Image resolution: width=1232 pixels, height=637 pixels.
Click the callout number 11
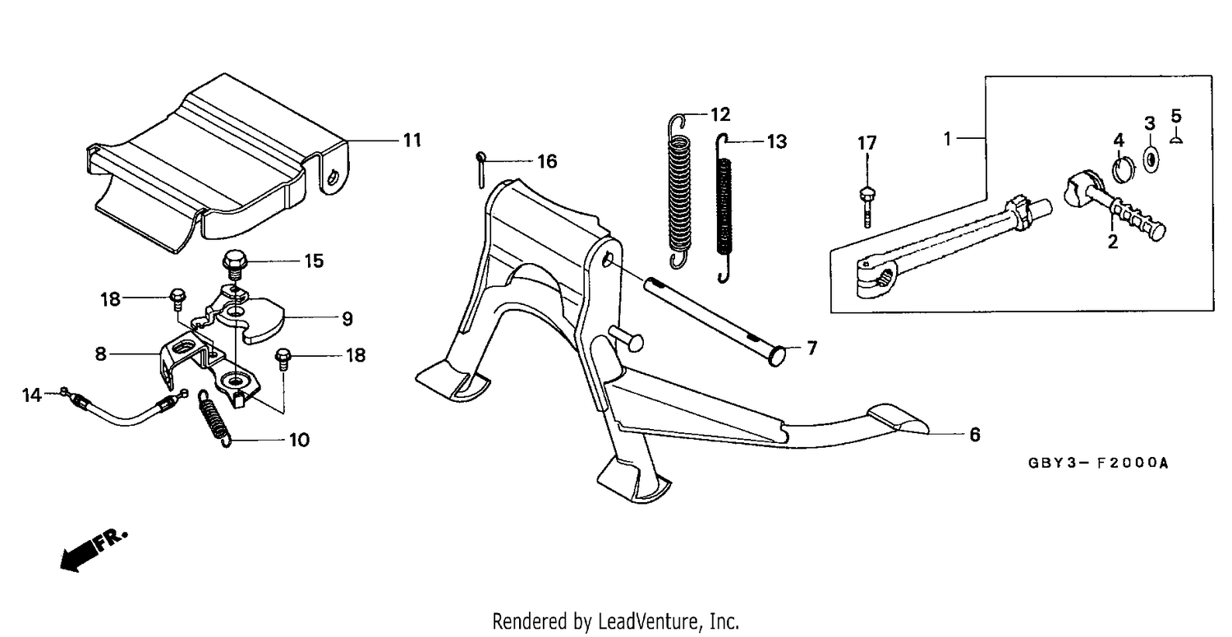pyautogui.click(x=412, y=141)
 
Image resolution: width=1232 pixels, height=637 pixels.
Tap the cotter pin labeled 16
pyautogui.click(x=481, y=169)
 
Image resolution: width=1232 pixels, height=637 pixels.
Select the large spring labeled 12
pyautogui.click(x=680, y=192)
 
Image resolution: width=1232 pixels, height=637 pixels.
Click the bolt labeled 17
pyautogui.click(x=867, y=207)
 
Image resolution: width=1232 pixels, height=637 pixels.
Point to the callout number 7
pyautogui.click(x=811, y=348)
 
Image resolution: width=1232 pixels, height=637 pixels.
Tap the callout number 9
pyautogui.click(x=347, y=319)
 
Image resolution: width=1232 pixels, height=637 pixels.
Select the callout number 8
pyautogui.click(x=100, y=354)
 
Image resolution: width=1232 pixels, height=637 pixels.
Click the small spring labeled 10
pyautogui.click(x=214, y=418)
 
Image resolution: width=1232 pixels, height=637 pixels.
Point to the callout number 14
pyautogui.click(x=31, y=395)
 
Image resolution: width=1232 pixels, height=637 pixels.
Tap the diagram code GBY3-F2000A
pyautogui.click(x=1098, y=463)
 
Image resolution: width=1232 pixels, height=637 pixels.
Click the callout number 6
pyautogui.click(x=975, y=435)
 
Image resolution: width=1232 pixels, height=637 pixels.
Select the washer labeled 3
pyautogui.click(x=1150, y=159)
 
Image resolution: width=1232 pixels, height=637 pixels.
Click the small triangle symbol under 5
pyautogui.click(x=1176, y=139)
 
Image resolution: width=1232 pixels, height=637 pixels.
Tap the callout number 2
pyautogui.click(x=1113, y=242)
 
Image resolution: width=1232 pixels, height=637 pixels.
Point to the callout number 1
pyautogui.click(x=947, y=139)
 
